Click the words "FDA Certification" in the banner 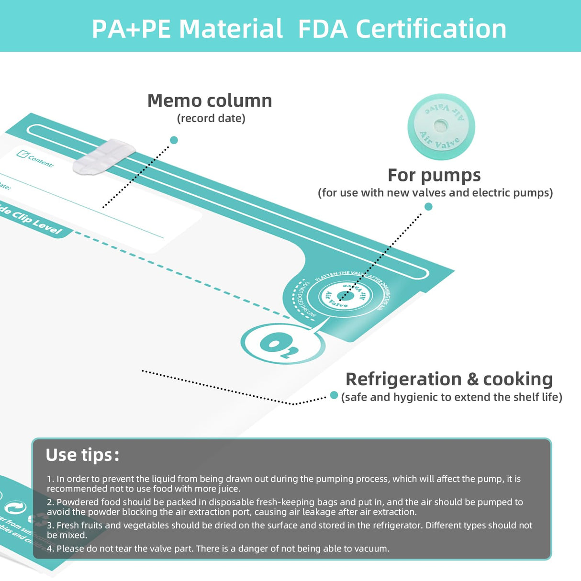tap(402, 29)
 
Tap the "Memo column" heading tap(210, 101)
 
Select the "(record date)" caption tap(211, 118)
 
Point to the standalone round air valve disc tap(441, 126)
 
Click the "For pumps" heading tap(434, 175)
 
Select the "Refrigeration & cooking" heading tap(449, 379)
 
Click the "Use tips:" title tap(82, 455)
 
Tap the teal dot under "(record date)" tap(174, 140)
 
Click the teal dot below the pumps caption tap(428, 206)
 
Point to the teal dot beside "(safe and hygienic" tap(334, 395)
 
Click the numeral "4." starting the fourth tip tap(51, 548)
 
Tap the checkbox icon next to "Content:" tap(22, 154)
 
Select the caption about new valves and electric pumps tap(435, 192)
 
